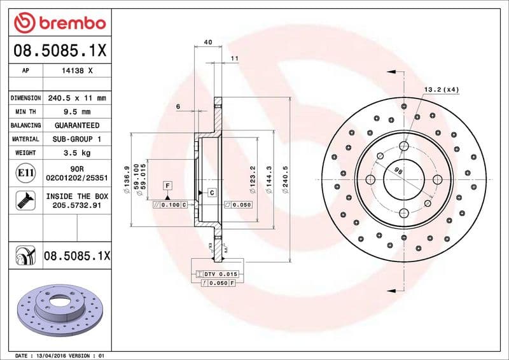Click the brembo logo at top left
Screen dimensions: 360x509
(59, 23)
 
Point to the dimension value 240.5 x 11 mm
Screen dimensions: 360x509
(76, 99)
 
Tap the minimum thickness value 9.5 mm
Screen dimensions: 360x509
(76, 112)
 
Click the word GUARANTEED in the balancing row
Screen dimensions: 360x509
(76, 125)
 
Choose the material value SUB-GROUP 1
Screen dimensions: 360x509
(76, 139)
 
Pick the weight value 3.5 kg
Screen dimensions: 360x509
(76, 153)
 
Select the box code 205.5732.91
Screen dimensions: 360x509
(77, 206)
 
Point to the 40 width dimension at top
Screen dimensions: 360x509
(207, 42)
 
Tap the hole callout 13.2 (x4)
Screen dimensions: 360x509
(442, 89)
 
